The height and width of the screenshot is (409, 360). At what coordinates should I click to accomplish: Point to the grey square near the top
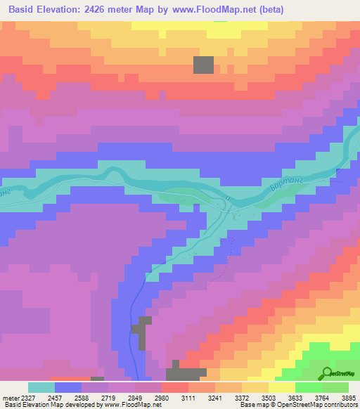[204, 65]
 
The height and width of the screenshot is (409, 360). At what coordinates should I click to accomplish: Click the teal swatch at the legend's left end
[41, 387]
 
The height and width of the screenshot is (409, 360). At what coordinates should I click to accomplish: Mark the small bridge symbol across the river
[229, 199]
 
